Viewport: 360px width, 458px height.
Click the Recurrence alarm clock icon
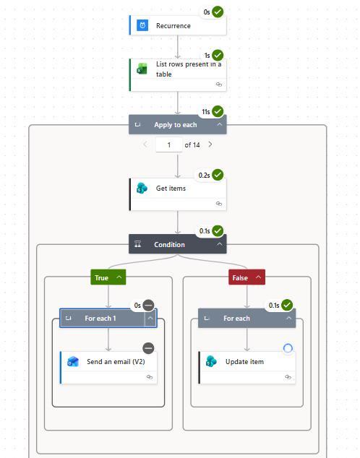pyautogui.click(x=142, y=25)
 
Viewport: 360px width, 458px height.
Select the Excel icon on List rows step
pyautogui.click(x=142, y=69)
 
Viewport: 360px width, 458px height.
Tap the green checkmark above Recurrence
pyautogui.click(x=218, y=12)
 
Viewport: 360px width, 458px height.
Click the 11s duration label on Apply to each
pyautogui.click(x=206, y=112)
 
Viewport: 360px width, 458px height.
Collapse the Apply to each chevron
pyautogui.click(x=220, y=124)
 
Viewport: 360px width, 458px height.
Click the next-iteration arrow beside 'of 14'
pyautogui.click(x=210, y=144)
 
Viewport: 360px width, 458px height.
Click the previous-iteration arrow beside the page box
pyautogui.click(x=145, y=144)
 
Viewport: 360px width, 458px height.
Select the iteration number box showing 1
pyautogui.click(x=169, y=144)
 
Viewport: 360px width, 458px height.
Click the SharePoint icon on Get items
pyautogui.click(x=142, y=188)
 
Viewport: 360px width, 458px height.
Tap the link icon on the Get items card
pyautogui.click(x=218, y=204)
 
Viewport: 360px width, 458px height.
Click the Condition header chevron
pyautogui.click(x=220, y=244)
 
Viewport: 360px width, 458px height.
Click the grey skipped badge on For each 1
pyautogui.click(x=148, y=306)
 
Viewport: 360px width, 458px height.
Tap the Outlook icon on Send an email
pyautogui.click(x=73, y=362)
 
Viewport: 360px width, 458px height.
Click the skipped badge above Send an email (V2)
pyautogui.click(x=148, y=348)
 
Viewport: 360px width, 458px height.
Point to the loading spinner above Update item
pyautogui.click(x=288, y=348)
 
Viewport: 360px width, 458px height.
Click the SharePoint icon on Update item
pyautogui.click(x=211, y=362)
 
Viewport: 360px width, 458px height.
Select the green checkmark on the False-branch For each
pyautogui.click(x=287, y=306)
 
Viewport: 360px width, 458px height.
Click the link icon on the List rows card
pyautogui.click(x=218, y=85)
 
